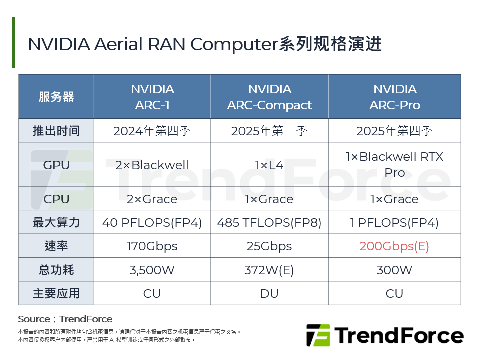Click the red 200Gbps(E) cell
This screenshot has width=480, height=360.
(394, 246)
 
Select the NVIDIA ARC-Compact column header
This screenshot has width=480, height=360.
(269, 97)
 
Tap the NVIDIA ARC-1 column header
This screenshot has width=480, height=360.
(152, 97)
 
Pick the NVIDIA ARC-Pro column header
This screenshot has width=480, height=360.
(394, 97)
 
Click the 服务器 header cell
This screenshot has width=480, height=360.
(56, 97)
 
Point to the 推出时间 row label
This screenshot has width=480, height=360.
(56, 131)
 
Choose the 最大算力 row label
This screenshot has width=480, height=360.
(56, 222)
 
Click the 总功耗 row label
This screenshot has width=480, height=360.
(56, 270)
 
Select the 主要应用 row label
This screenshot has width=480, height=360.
(56, 293)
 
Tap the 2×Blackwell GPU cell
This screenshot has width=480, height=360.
(152, 165)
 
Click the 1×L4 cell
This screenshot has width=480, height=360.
(269, 165)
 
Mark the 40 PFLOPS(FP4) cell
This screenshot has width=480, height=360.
(152, 222)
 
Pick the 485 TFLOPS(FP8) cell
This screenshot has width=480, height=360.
(269, 222)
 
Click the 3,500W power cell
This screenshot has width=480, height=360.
(152, 270)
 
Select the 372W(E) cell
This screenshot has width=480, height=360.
(269, 270)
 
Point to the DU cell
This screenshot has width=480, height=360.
(269, 293)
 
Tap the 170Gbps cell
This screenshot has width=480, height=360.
(152, 246)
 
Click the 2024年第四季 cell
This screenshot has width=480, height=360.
(152, 131)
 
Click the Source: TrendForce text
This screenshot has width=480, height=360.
(65, 319)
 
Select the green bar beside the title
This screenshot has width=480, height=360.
(14, 42)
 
